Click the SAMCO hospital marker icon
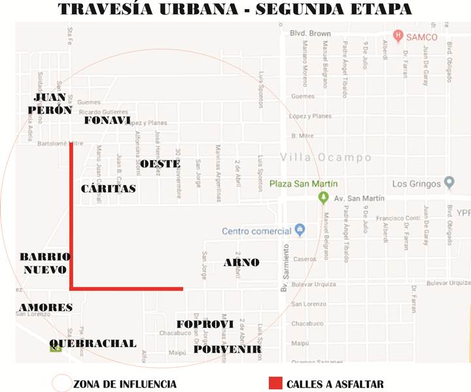pos(397,35)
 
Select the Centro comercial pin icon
pos(300,230)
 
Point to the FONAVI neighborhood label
pos(108,120)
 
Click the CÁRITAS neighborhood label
pos(109,188)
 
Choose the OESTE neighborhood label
pos(160,163)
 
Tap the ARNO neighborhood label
pos(241,263)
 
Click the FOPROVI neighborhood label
pos(205,324)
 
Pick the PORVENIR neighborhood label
pos(227,350)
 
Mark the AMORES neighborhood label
pos(46,307)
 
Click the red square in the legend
pos(275,384)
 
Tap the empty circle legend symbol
pos(61,383)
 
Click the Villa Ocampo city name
pos(325,157)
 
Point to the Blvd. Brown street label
pos(310,33)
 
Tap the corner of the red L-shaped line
pos(71,287)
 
